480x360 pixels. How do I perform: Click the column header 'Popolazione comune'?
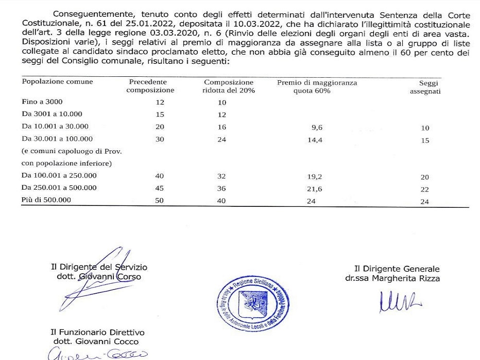[x=57, y=82]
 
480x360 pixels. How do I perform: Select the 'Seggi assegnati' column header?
[x=425, y=86]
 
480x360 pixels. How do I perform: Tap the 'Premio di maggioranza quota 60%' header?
[x=317, y=86]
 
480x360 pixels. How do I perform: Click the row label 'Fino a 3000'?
[x=42, y=102]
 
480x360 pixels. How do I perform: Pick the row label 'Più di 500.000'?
[x=47, y=200]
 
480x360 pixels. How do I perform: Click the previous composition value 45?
[x=160, y=188]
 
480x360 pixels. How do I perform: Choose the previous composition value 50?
[x=160, y=201]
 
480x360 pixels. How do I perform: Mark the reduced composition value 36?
[x=221, y=188]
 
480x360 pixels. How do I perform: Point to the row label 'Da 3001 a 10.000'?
[x=52, y=114]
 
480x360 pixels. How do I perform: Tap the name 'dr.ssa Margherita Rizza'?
[x=392, y=278]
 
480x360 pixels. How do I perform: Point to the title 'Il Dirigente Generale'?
[x=396, y=269]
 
